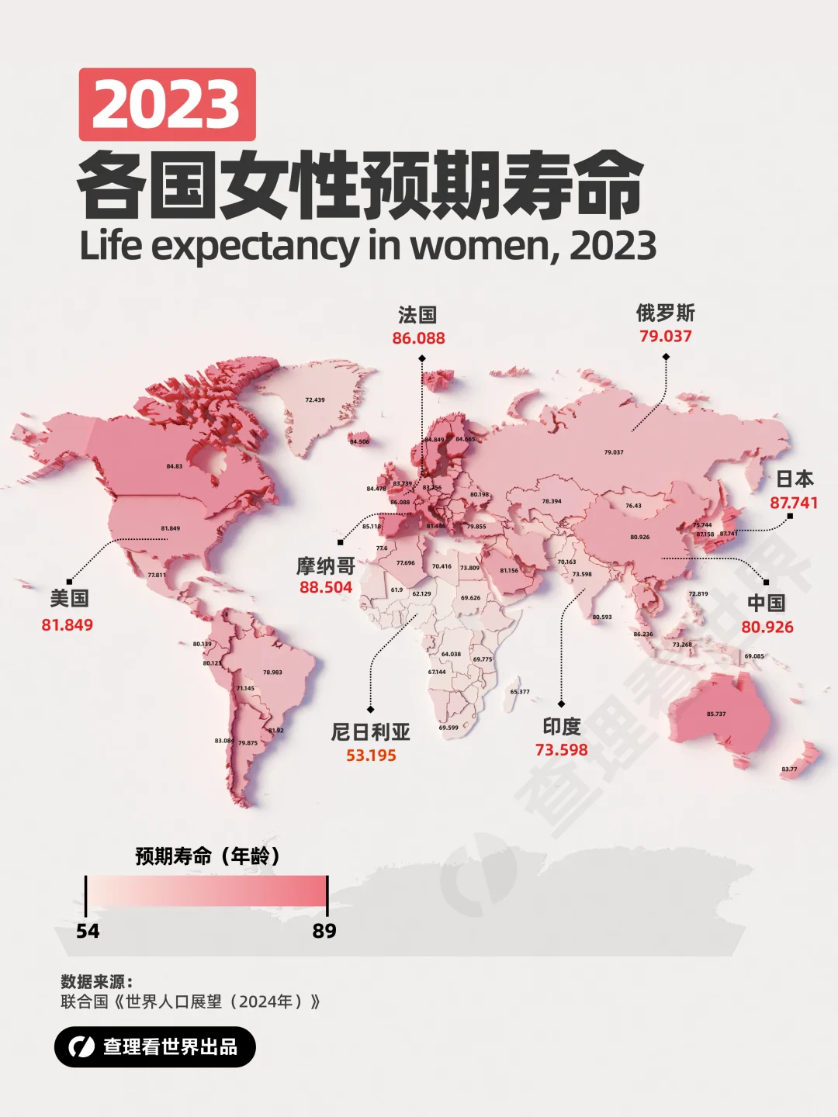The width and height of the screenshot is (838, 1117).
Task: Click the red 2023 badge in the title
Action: click(167, 105)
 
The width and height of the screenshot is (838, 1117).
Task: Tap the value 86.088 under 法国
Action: click(418, 338)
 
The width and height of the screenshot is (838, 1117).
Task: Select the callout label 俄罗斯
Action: click(665, 313)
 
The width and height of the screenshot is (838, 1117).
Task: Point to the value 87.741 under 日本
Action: click(793, 503)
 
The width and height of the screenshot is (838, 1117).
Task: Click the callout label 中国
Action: click(766, 603)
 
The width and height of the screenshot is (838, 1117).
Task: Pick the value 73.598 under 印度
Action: click(561, 749)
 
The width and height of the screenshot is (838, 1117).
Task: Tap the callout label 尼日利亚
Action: click(370, 731)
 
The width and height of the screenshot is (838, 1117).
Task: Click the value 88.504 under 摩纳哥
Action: click(326, 587)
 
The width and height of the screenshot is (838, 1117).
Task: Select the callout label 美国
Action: click(69, 598)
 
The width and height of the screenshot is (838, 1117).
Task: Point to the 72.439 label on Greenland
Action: click(315, 400)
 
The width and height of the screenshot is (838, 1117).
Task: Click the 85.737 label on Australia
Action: click(716, 714)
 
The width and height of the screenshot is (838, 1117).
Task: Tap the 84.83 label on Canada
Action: click(175, 466)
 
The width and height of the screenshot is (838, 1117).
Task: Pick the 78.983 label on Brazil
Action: click(272, 673)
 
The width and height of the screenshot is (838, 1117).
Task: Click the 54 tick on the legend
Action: click(88, 931)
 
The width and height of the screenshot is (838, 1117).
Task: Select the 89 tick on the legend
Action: click(324, 931)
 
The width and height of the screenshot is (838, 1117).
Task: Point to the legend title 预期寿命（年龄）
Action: click(207, 856)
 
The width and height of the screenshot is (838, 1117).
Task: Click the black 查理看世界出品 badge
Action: click(154, 1046)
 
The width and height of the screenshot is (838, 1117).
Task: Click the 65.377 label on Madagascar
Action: click(520, 692)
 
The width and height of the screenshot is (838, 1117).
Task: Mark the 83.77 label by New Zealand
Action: click(789, 769)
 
